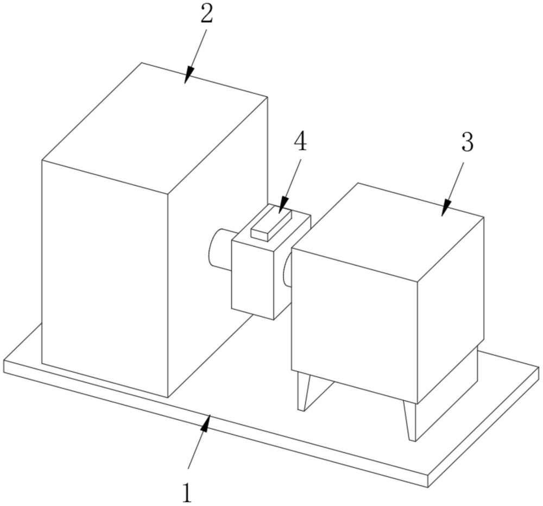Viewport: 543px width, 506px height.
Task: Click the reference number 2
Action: click(x=206, y=15)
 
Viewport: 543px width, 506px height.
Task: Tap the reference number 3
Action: click(x=467, y=142)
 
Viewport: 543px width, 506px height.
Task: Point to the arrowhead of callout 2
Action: click(x=187, y=80)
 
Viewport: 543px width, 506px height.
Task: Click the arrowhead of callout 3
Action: click(x=444, y=212)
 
